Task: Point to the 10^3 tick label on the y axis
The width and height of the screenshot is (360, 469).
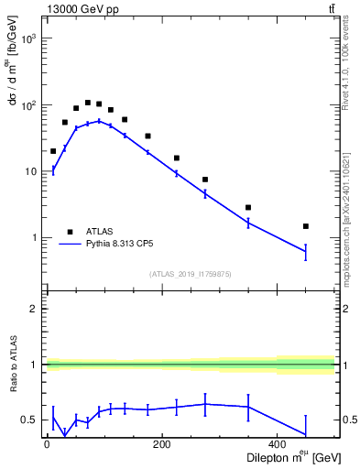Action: tap(28, 39)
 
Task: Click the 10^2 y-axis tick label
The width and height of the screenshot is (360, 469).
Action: tap(28, 105)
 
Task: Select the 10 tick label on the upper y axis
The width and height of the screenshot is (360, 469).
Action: tap(30, 171)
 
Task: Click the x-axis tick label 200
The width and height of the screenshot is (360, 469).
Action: tap(161, 445)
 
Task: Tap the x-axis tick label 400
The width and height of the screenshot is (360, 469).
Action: tap(277, 445)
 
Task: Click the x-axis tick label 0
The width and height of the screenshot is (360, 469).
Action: tap(47, 445)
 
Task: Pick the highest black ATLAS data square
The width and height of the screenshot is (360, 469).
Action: tap(87, 103)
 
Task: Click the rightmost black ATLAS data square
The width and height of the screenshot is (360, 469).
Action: tap(306, 226)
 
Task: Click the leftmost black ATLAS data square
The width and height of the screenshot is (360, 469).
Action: tap(53, 151)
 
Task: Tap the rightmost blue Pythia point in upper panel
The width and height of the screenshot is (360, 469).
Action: tap(306, 251)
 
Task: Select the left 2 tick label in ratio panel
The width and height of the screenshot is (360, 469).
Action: tap(35, 309)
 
